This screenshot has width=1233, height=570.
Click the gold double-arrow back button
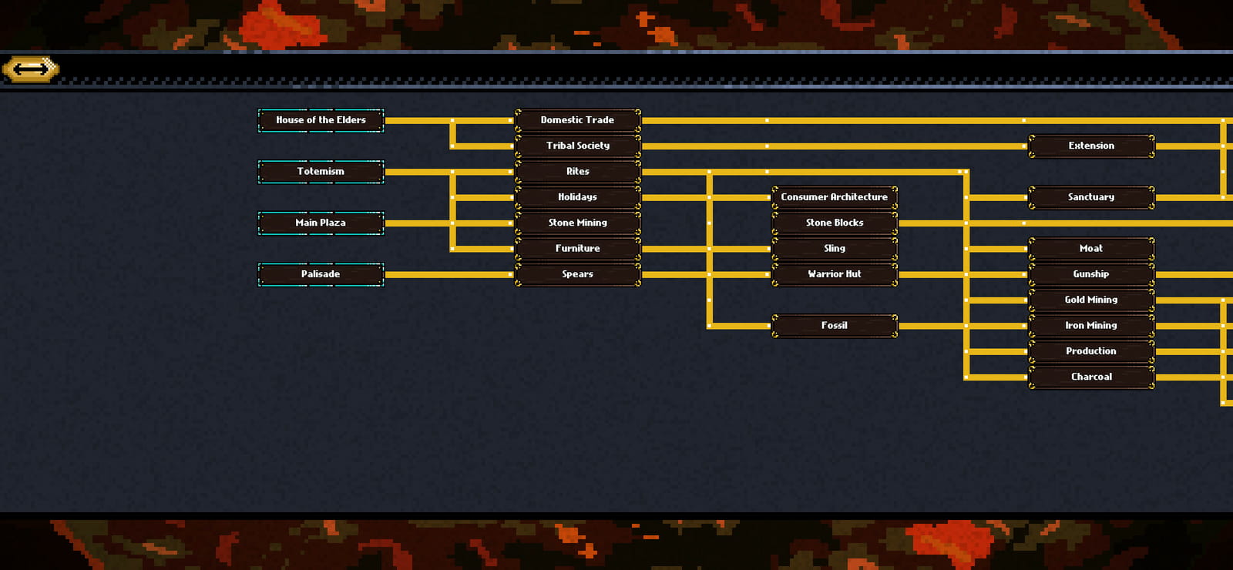[x=31, y=69]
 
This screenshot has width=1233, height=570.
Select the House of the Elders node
[x=321, y=120]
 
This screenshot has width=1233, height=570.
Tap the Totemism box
[x=321, y=172]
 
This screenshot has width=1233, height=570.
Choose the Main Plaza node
[x=321, y=223]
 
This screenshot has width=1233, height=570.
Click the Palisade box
[x=321, y=274]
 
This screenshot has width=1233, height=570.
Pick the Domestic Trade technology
[x=578, y=120]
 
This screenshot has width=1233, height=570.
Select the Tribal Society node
[x=578, y=146]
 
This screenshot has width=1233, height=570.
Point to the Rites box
[x=578, y=172]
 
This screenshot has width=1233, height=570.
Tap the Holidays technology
[x=578, y=197]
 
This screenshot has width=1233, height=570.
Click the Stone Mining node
[x=578, y=223]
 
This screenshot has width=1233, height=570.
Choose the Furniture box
[x=578, y=249]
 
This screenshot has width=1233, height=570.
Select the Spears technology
[x=578, y=274]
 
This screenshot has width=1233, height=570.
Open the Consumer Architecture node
[x=835, y=197]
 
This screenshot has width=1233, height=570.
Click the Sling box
[x=835, y=249]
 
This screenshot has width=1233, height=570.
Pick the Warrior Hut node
[x=835, y=274]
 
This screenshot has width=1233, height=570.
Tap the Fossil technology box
[x=835, y=326]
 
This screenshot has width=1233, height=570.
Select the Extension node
[x=1091, y=146]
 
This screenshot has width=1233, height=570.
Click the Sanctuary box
[x=1091, y=197]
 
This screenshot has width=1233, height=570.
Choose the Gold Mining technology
[x=1091, y=300]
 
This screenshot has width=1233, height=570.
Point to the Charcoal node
[x=1091, y=377]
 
